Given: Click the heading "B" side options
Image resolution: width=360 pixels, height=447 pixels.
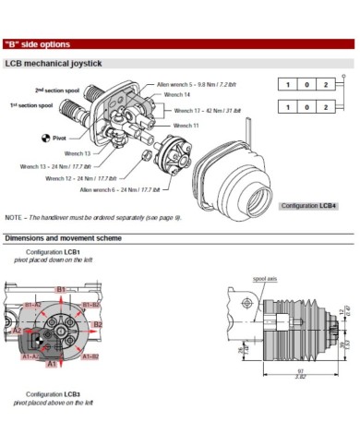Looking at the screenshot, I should (37, 43).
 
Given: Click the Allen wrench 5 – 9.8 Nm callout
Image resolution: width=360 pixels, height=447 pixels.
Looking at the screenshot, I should (198, 83).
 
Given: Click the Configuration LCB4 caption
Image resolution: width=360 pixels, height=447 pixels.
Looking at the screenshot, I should (308, 204).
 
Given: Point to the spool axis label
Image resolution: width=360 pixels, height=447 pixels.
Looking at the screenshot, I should (265, 277).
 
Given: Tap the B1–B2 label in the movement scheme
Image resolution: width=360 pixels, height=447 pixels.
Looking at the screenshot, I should (91, 304).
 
